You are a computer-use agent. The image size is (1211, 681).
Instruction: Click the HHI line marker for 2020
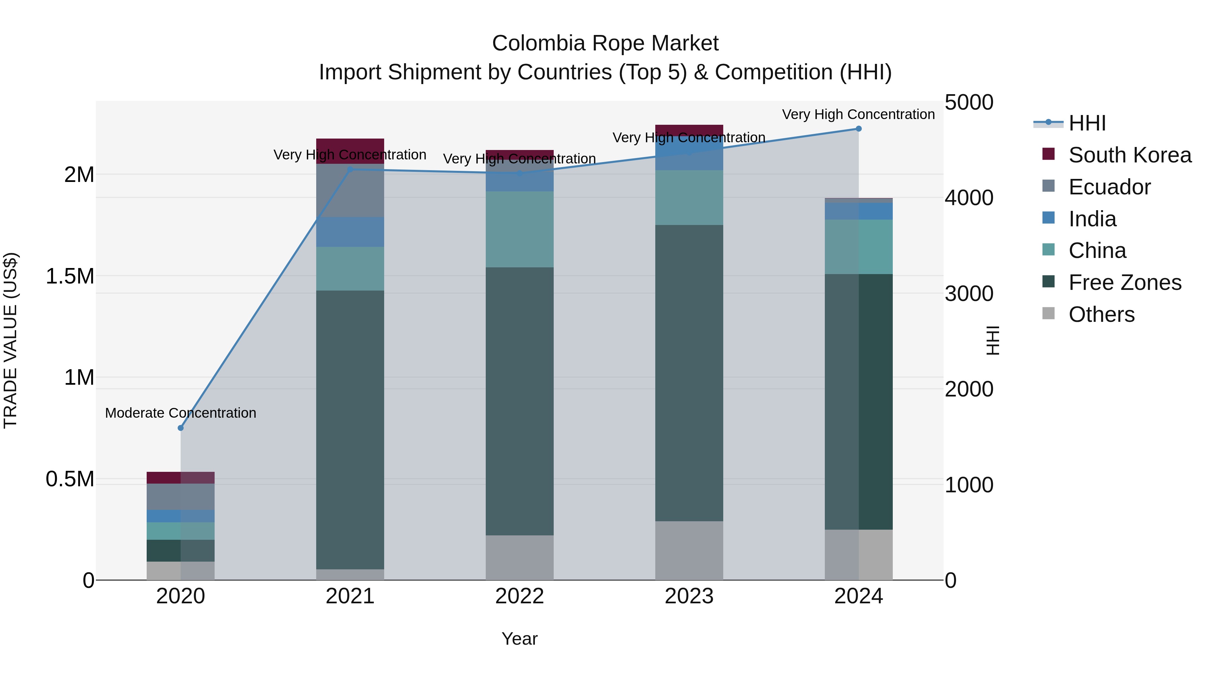coord(181,428)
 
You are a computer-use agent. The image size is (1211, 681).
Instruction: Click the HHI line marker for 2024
coord(858,129)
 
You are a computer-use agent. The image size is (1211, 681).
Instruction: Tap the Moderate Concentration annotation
coord(181,413)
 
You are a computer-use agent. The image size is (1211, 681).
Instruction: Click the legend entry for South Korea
coord(1130,155)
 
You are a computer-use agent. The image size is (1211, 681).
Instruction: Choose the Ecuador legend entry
coord(1109,187)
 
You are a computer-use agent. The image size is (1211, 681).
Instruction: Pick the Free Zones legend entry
coord(1125,282)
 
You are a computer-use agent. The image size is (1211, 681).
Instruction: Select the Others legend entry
coord(1101,314)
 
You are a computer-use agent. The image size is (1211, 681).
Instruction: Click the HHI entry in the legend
coord(1087,123)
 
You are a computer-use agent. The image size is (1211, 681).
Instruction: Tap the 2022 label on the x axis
coord(519,596)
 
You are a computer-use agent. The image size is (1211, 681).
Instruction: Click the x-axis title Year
coord(519,639)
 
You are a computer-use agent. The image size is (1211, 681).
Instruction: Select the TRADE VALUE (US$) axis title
coord(10,340)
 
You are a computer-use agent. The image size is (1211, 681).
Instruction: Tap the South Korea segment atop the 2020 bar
coord(181,478)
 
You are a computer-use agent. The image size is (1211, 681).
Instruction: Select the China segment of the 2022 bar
coord(519,229)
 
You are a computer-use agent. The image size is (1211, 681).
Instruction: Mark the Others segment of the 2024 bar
coord(858,555)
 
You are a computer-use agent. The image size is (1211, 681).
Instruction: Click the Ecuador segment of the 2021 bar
coord(350,190)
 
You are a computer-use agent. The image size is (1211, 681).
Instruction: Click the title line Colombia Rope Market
coord(605,43)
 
